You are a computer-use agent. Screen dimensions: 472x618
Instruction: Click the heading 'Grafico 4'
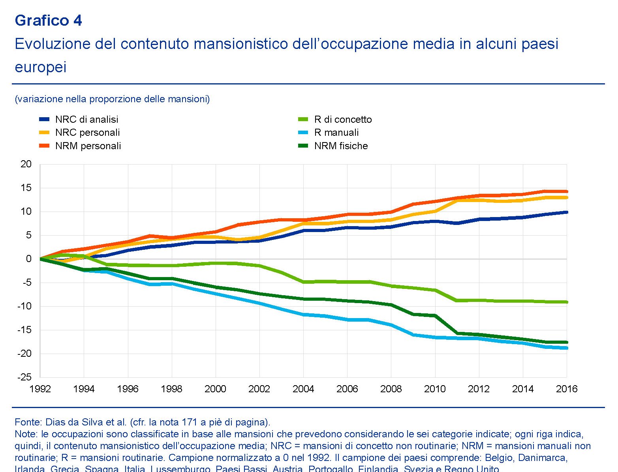click(x=48, y=21)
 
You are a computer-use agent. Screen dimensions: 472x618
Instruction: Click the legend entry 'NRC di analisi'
click(x=86, y=120)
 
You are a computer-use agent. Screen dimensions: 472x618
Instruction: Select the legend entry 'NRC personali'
click(x=87, y=133)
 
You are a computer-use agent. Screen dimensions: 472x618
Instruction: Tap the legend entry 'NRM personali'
click(x=88, y=146)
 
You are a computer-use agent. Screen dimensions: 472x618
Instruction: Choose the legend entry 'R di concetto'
click(x=343, y=120)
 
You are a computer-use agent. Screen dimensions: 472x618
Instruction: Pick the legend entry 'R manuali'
click(x=336, y=133)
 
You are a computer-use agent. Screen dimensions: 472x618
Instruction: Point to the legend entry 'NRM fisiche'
click(x=341, y=146)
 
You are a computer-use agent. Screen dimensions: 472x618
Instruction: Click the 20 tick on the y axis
click(x=26, y=164)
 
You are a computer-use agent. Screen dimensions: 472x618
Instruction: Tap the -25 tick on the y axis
click(x=24, y=377)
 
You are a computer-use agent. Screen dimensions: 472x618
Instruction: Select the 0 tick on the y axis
click(x=28, y=259)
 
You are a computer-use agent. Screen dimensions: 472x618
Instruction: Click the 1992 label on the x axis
click(x=40, y=389)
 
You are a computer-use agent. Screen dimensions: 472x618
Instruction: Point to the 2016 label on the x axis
click(x=567, y=389)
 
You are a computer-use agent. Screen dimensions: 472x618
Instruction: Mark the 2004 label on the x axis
click(x=303, y=389)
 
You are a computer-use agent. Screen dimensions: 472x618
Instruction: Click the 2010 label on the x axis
click(x=435, y=389)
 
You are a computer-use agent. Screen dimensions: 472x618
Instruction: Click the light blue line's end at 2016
click(x=567, y=348)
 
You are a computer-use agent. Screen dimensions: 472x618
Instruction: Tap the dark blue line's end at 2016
click(x=567, y=212)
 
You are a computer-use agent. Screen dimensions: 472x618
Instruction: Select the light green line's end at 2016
click(x=567, y=302)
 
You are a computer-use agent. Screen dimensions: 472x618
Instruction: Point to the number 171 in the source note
click(x=190, y=422)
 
